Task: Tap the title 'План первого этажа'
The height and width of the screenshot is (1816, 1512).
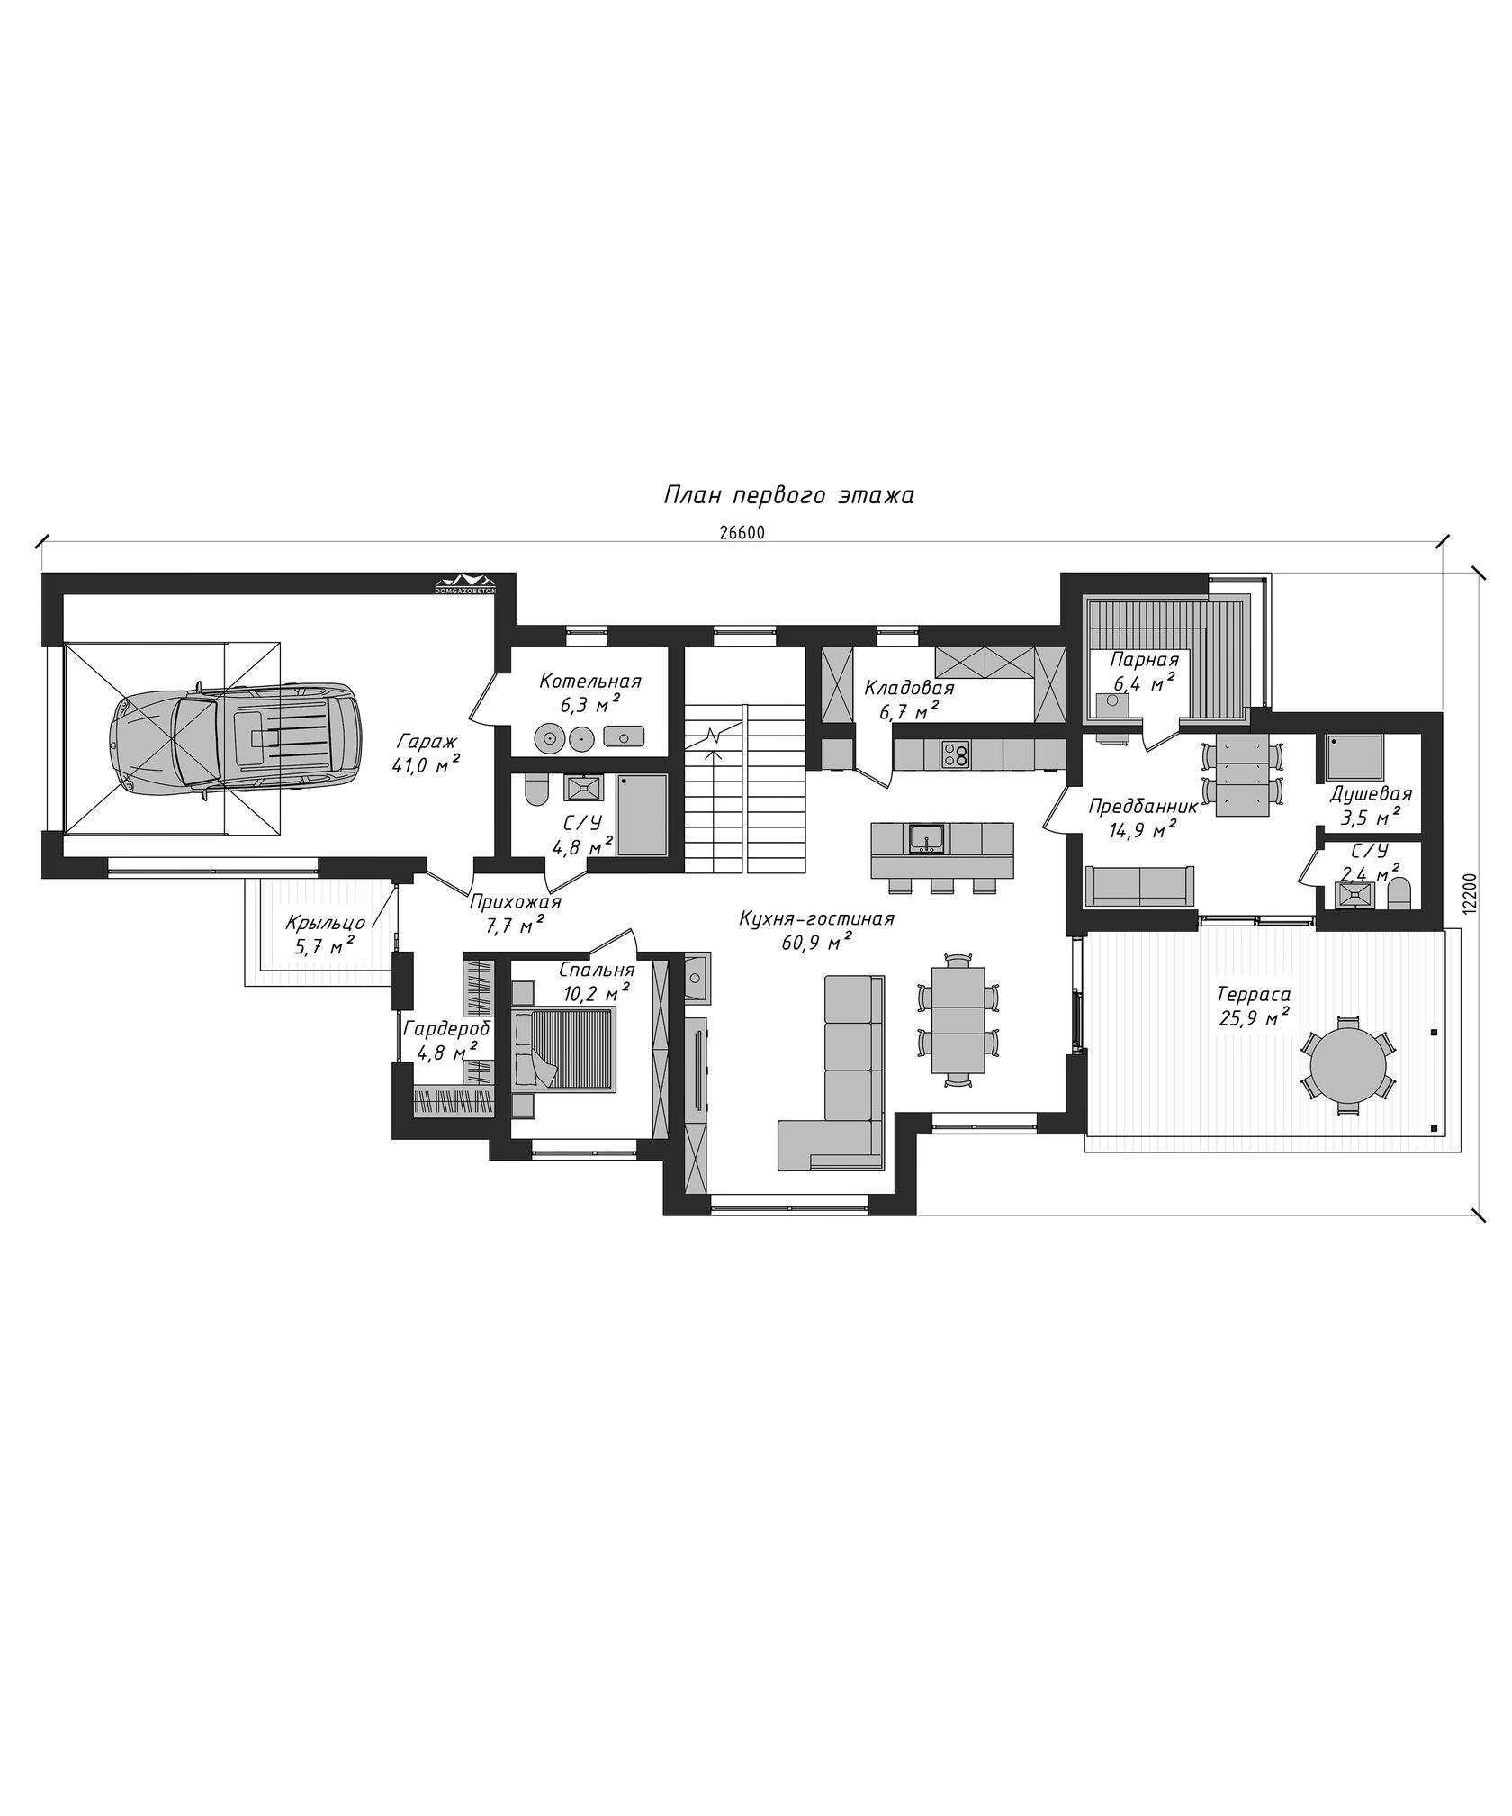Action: coord(789,495)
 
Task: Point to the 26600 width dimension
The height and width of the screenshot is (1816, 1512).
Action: coord(742,532)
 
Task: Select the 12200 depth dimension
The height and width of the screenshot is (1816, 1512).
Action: coord(1470,891)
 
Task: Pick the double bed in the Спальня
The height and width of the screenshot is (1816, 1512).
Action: coord(565,1050)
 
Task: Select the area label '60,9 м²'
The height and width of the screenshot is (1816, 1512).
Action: coord(817,942)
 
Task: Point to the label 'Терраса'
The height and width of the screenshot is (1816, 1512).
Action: coord(1254,995)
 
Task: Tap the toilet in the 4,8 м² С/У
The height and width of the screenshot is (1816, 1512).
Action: coord(535,791)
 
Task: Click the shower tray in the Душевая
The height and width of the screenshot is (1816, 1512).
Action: coord(1354,758)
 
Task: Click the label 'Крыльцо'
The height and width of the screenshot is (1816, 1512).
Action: coord(325,923)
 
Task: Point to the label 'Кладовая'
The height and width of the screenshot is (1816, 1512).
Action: coord(909,689)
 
